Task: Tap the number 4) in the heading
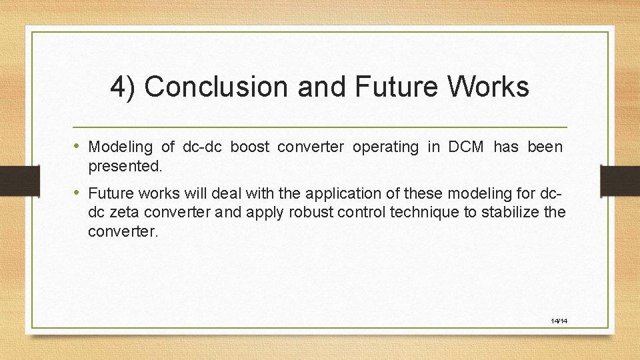[123, 87]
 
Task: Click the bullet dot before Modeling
[80, 146]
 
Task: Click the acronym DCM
[467, 147]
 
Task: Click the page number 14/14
[559, 321]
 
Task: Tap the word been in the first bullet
[545, 147]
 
